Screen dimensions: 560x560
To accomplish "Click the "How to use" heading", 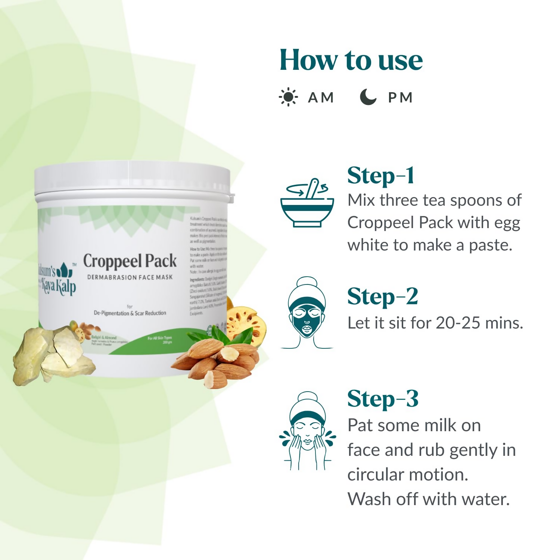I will (351, 60).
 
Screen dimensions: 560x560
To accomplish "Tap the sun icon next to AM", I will (288, 97).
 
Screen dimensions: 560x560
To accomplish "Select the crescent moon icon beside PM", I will (368, 97).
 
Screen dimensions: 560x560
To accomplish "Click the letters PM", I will (400, 98).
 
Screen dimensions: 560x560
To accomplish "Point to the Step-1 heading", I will (380, 175).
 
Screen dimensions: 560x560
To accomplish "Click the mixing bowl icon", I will (307, 203).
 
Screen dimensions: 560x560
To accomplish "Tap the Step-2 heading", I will (382, 297).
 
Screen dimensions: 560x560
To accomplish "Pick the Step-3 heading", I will (383, 399).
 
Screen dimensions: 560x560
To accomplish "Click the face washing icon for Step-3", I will (307, 431).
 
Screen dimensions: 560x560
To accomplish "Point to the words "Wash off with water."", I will (429, 499).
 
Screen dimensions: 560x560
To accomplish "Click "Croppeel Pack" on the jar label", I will (130, 261).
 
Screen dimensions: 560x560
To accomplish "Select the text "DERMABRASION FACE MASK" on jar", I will (130, 277).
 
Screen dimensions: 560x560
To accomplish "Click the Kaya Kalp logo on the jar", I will (57, 278).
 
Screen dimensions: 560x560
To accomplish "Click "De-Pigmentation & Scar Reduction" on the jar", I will (130, 313).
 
